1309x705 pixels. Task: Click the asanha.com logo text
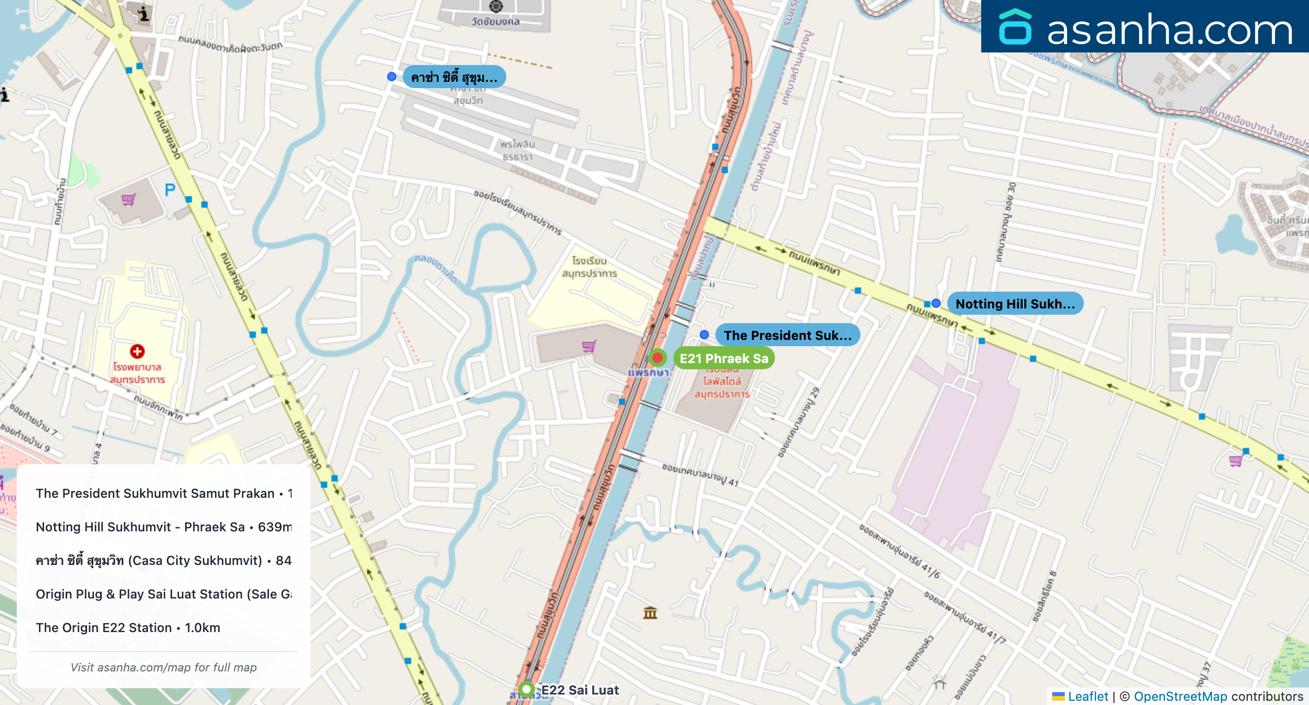(1169, 30)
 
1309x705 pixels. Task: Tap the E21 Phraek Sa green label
(724, 358)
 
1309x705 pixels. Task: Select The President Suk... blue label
(787, 335)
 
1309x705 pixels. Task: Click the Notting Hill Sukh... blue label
(1015, 304)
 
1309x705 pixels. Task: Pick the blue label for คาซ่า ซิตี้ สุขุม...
(454, 78)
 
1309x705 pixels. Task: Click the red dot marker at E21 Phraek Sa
(657, 358)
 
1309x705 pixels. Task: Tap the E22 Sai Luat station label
(580, 690)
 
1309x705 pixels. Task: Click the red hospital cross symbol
(137, 351)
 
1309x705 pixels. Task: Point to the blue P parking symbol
(170, 190)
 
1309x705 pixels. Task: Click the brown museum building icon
(650, 613)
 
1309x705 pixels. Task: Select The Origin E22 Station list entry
(128, 628)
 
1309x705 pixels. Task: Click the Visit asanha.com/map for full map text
(164, 667)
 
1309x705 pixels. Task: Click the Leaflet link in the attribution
(1088, 697)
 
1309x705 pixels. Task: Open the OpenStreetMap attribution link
(1180, 697)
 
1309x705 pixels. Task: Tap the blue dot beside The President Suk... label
(704, 335)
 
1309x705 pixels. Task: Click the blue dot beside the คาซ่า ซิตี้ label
(392, 77)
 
